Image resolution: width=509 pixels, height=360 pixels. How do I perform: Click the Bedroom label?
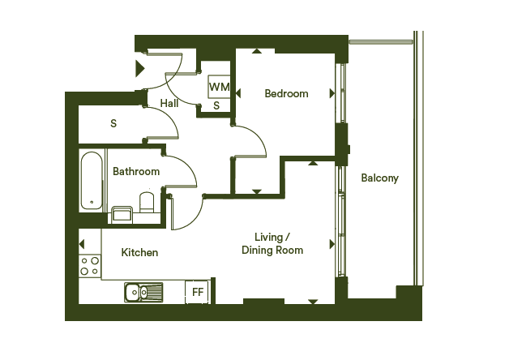click(286, 93)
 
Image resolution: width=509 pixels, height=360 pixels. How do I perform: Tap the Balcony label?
click(379, 178)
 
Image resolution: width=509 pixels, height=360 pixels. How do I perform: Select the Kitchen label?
click(139, 252)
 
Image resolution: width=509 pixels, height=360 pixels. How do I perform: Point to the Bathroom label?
click(136, 171)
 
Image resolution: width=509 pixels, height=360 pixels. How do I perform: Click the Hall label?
click(169, 103)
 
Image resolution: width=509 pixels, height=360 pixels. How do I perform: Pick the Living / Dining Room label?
click(272, 244)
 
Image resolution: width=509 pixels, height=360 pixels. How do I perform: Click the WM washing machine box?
click(219, 87)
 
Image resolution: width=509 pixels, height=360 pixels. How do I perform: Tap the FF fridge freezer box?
click(197, 292)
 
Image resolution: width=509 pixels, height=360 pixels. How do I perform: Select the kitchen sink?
click(143, 292)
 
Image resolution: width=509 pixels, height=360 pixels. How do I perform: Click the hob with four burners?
click(90, 266)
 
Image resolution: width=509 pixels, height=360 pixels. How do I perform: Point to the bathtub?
click(92, 181)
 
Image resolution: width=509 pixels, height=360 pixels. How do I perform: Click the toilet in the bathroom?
click(147, 203)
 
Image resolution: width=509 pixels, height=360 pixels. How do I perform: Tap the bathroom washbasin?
click(122, 215)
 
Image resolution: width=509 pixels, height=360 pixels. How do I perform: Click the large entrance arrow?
click(140, 68)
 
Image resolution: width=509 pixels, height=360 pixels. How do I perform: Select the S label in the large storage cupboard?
click(113, 123)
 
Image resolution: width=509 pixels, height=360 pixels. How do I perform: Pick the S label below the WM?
click(216, 105)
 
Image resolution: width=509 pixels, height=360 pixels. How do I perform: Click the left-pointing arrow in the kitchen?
click(82, 244)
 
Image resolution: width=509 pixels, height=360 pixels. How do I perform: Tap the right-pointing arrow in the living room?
click(332, 244)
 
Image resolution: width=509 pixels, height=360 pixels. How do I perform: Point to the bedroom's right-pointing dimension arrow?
click(332, 93)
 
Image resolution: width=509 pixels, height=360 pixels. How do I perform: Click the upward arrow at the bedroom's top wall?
click(257, 51)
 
